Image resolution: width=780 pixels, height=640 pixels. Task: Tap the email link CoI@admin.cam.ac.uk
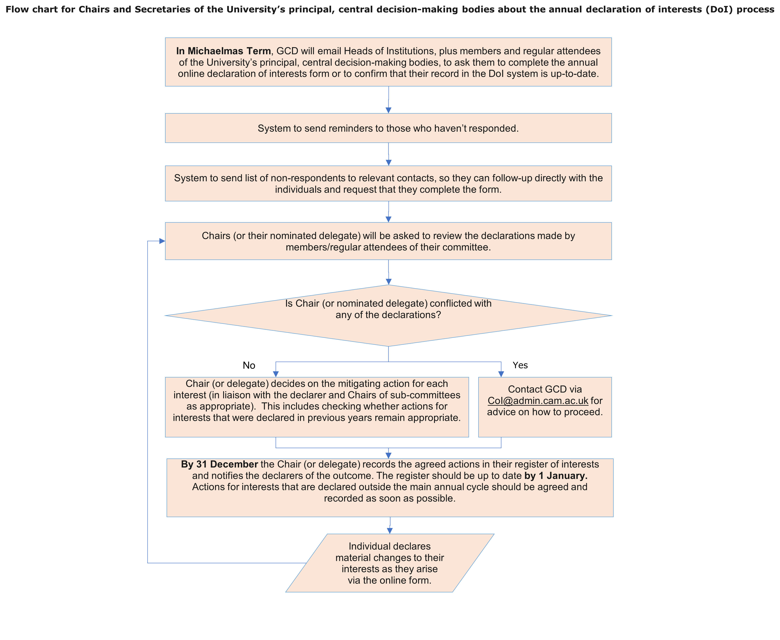[538, 401]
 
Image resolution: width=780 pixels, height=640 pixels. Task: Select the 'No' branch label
[249, 365]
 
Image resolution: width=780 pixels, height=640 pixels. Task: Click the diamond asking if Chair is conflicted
[388, 316]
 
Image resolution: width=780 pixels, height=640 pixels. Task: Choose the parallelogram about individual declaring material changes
[390, 563]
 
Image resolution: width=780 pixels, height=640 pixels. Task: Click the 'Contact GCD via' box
[545, 407]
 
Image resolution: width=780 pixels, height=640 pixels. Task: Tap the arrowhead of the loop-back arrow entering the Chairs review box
[162, 241]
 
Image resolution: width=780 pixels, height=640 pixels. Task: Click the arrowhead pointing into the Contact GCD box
[501, 374]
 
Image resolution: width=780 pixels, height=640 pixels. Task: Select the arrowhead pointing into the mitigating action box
[276, 374]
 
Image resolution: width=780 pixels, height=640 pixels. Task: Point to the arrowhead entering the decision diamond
[388, 282]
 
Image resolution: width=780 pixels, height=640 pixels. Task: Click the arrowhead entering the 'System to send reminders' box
[388, 110]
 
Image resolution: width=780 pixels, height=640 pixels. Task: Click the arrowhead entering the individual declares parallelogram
[390, 531]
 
